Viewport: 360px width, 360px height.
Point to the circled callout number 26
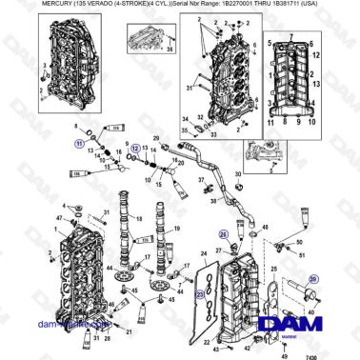pyautogui.click(x=223, y=233)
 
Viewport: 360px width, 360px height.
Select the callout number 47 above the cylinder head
pyautogui.click(x=60, y=219)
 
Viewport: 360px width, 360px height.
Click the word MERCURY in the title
pyautogui.click(x=34, y=5)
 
